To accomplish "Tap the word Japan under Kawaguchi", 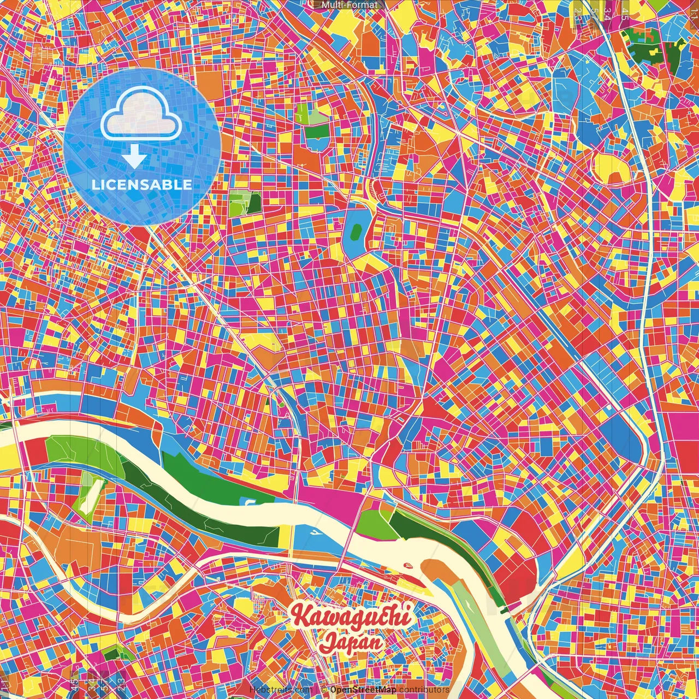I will coord(352,642).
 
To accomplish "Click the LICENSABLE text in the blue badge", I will coord(141,185).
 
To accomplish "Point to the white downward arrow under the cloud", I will coord(134,157).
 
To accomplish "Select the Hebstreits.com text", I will coord(281,690).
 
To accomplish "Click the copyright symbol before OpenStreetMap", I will coord(323,690).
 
